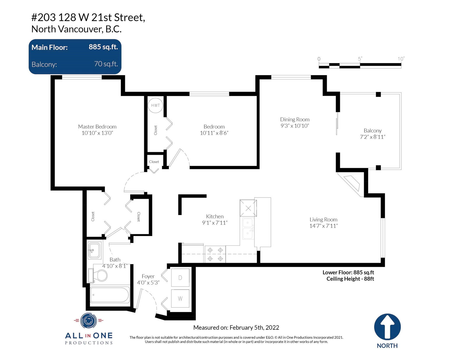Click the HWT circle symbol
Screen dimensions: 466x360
pyautogui.click(x=155, y=105)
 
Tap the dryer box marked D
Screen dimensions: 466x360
pyautogui.click(x=180, y=278)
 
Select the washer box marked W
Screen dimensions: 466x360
pyautogui.click(x=180, y=299)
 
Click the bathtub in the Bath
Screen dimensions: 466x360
pyautogui.click(x=110, y=295)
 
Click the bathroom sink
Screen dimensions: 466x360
pyautogui.click(x=95, y=250)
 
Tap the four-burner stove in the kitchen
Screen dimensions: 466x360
pyautogui.click(x=215, y=254)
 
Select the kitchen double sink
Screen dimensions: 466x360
pyautogui.click(x=248, y=228)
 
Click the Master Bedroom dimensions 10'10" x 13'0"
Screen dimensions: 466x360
pyautogui.click(x=97, y=133)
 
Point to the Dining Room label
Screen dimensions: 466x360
pyautogui.click(x=295, y=119)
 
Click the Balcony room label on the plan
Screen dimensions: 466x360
pyautogui.click(x=373, y=130)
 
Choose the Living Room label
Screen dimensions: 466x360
pyautogui.click(x=323, y=219)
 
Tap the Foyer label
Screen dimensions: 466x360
pyautogui.click(x=148, y=276)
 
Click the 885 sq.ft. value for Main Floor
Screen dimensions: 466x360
pyautogui.click(x=103, y=47)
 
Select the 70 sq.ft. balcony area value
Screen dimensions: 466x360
pyautogui.click(x=106, y=64)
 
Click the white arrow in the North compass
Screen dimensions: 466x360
pyautogui.click(x=387, y=327)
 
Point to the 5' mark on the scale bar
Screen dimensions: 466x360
pyautogui.click(x=360, y=59)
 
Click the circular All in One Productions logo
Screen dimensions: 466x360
pyautogui.click(x=88, y=321)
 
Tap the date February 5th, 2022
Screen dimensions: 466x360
pyautogui.click(x=254, y=327)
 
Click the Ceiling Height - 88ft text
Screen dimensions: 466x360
pyautogui.click(x=350, y=279)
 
